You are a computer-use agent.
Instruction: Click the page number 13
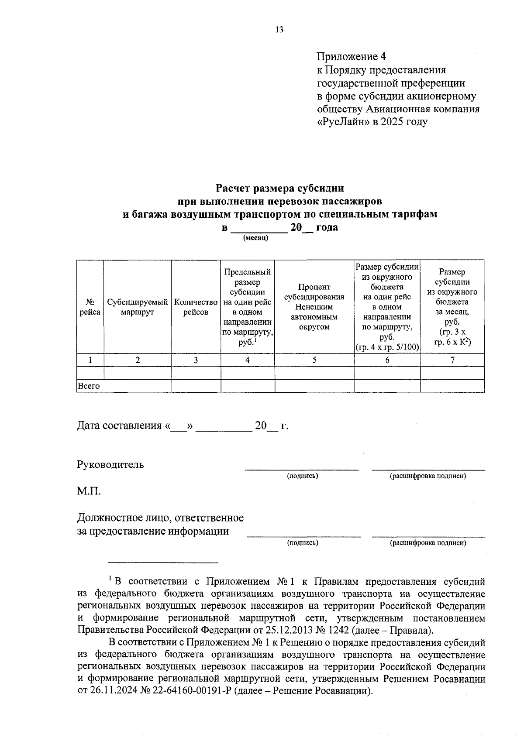pyautogui.click(x=279, y=30)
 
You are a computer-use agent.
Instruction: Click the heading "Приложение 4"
pyautogui.click(x=352, y=57)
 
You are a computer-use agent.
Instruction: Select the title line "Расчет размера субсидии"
pyautogui.click(x=279, y=189)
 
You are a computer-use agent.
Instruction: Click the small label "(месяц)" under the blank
pyautogui.click(x=255, y=238)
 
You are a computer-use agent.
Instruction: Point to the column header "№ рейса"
pyautogui.click(x=90, y=307)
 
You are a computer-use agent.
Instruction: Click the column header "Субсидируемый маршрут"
pyautogui.click(x=138, y=307)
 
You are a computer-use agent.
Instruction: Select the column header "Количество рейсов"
pyautogui.click(x=196, y=307)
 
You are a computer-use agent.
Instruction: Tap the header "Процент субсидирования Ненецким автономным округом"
pyautogui.click(x=314, y=307)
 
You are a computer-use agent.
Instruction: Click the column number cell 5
pyautogui.click(x=314, y=360)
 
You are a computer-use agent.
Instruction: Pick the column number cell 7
pyautogui.click(x=452, y=360)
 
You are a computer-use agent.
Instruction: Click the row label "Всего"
pyautogui.click(x=89, y=386)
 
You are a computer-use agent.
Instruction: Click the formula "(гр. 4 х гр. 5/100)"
pyautogui.click(x=387, y=347)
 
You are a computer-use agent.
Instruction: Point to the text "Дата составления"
pyautogui.click(x=119, y=425)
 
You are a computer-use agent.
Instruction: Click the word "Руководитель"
pyautogui.click(x=110, y=464)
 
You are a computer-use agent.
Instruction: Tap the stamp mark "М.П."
pyautogui.click(x=89, y=491)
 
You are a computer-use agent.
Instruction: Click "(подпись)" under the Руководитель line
pyautogui.click(x=302, y=476)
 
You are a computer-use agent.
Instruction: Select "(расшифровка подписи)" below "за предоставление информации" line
pyautogui.click(x=428, y=543)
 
